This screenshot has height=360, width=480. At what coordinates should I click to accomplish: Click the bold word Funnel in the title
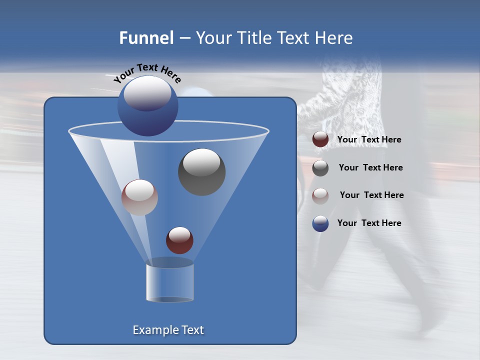coord(146,38)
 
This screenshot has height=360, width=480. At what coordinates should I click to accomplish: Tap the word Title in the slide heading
coord(254,38)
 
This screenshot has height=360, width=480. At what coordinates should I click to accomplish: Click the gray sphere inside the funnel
coord(201,172)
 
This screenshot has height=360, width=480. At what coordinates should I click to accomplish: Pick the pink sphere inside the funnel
coord(139,197)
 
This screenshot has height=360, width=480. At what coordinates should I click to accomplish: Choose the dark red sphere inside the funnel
coord(179,240)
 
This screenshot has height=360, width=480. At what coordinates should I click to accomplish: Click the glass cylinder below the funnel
coord(169,282)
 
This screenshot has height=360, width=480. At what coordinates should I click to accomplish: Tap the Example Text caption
coord(168,330)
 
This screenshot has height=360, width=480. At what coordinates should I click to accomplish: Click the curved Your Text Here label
coord(147,72)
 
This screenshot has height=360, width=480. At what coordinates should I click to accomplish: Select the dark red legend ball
coord(320,139)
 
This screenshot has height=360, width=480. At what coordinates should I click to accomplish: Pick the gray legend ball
coord(320,168)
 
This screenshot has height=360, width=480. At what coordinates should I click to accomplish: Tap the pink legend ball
coord(320,195)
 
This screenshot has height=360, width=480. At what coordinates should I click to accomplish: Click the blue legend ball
coord(320,223)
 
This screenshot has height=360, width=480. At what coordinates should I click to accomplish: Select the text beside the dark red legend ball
coord(369,139)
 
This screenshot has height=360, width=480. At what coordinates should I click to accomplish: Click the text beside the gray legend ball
coord(370,167)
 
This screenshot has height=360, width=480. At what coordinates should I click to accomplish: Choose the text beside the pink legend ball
coord(371,195)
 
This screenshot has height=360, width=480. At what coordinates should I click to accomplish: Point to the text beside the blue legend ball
coord(369,223)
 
